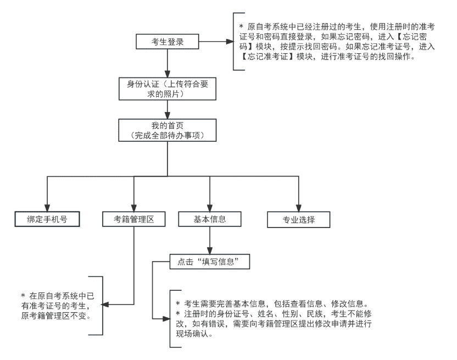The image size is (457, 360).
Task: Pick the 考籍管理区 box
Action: [134, 219]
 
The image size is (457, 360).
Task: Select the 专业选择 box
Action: [298, 219]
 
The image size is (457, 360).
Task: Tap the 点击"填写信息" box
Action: [210, 261]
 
